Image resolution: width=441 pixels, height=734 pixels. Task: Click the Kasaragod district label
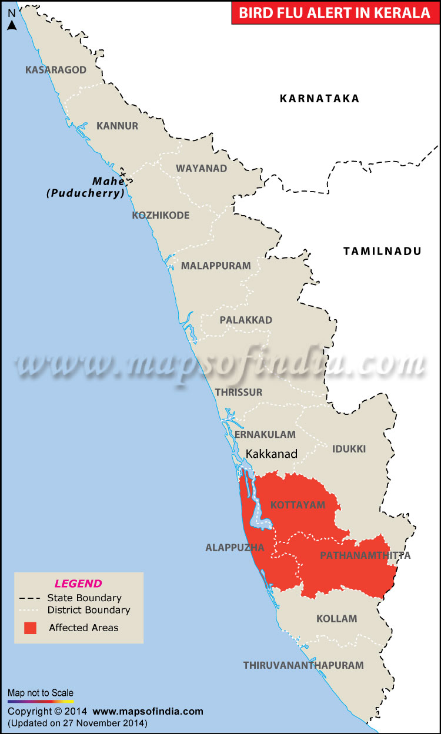pos(56,70)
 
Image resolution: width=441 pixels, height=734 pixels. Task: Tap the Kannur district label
pos(117,126)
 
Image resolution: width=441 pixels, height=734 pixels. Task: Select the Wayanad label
pos(201,169)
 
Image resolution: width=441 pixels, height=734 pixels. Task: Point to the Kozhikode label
pos(161,215)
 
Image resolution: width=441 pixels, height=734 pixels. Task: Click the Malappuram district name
pos(216,266)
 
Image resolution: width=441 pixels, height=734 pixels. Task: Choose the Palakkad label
pos(246,320)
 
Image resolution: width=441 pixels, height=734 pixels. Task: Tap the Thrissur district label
pos(239,392)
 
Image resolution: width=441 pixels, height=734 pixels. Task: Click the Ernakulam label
pos(265,434)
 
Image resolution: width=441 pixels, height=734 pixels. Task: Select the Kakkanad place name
pos(272,454)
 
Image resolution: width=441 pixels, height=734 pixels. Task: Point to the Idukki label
pos(349,449)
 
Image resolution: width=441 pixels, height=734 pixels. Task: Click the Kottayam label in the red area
pos(298,505)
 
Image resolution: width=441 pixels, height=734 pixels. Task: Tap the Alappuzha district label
pos(235,548)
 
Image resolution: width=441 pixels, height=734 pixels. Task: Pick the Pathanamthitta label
pos(365,555)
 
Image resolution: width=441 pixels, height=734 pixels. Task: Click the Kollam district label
pos(336,619)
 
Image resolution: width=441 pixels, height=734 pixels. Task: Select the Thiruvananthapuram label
pos(303,665)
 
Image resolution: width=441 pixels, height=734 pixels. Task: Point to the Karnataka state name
pos(319,99)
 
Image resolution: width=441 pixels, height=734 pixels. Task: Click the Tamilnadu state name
pos(382,252)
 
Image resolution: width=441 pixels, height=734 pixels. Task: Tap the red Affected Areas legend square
pos(30,628)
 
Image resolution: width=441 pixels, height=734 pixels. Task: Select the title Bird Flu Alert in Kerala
pos(334,13)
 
